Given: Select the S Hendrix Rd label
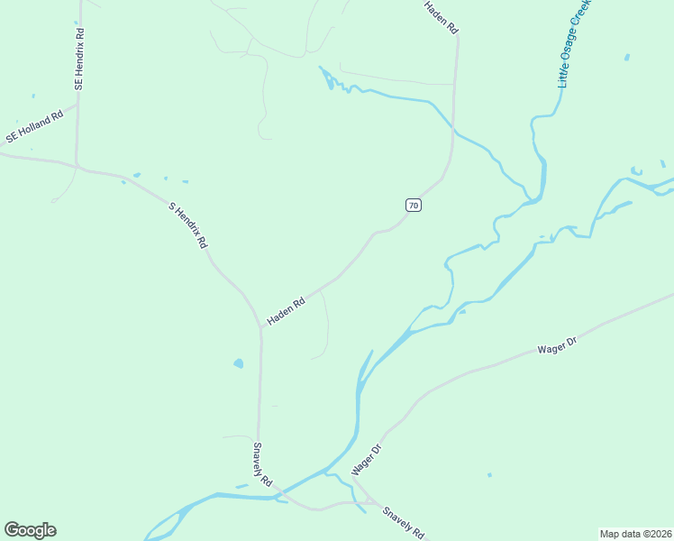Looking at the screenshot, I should (188, 225).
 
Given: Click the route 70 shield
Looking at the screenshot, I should (413, 206).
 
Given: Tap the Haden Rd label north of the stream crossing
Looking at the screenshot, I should (442, 18).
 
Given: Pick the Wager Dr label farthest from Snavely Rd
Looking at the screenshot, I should (556, 345).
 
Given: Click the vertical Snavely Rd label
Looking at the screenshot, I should (262, 465).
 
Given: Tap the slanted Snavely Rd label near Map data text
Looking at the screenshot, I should (403, 522).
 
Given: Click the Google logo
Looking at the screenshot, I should (30, 530).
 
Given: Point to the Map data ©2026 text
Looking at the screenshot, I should (635, 533).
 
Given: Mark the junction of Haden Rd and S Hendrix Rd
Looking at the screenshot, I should (260, 327).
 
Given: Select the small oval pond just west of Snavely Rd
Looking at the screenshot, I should (238, 364).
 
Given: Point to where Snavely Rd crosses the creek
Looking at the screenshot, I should (278, 494).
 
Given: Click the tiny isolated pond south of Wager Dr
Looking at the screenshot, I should (489, 474).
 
